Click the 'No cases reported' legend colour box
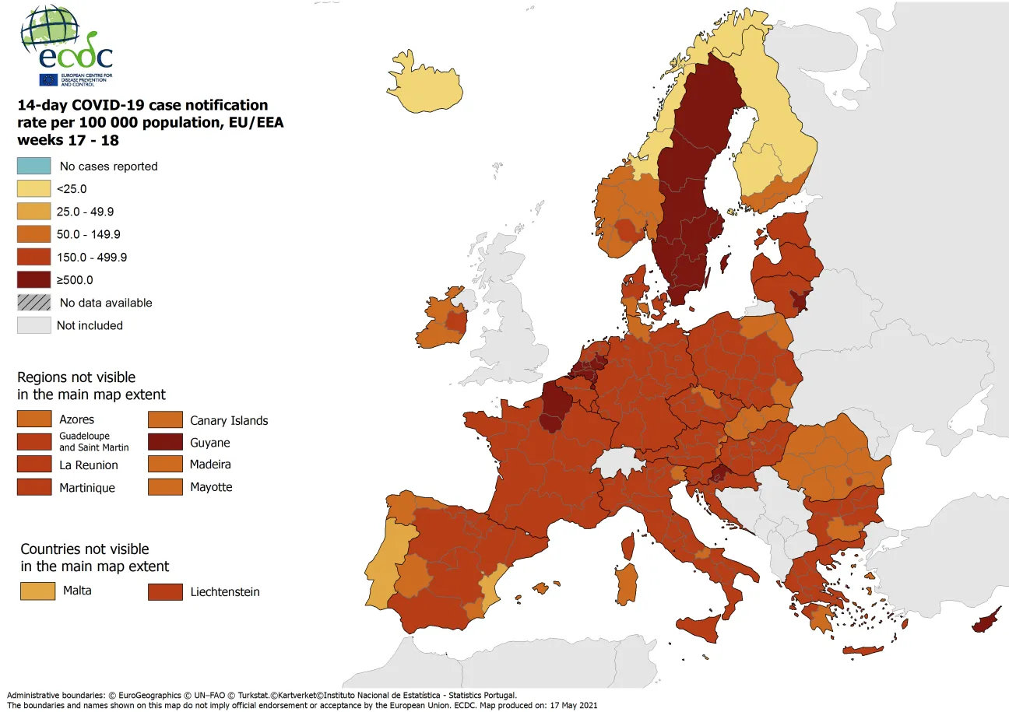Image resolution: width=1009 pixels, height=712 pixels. (x=34, y=166)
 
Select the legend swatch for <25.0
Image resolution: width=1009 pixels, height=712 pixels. (x=34, y=188)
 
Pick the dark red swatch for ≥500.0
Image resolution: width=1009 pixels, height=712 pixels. (x=34, y=279)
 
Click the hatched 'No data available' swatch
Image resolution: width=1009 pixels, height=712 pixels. (x=34, y=303)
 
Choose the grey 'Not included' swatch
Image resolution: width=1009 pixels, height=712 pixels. (x=34, y=325)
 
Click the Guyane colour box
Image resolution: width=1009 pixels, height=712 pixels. (x=165, y=443)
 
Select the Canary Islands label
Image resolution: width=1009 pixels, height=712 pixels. (x=229, y=420)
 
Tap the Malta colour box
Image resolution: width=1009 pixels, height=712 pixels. (x=38, y=591)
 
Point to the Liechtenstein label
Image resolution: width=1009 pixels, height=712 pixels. (x=225, y=592)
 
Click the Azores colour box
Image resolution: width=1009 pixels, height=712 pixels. (x=34, y=420)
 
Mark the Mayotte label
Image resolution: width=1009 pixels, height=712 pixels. (x=211, y=487)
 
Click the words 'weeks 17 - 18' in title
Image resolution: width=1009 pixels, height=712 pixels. (x=68, y=141)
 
